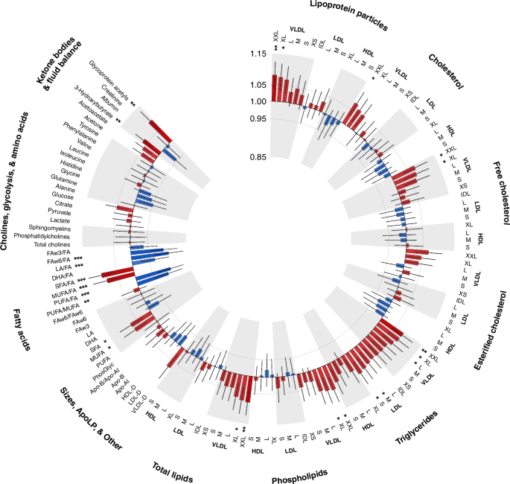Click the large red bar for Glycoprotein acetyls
point(161,130)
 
